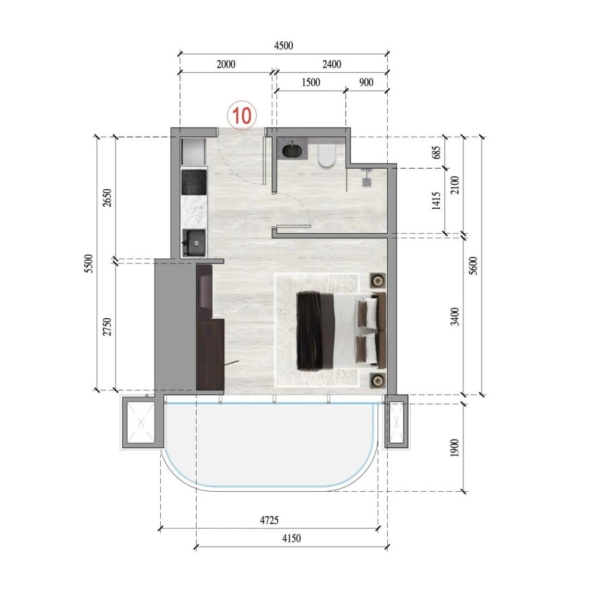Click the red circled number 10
tap(242, 114)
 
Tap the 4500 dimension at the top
tap(283, 46)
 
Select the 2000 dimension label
tap(226, 65)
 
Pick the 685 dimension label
tap(436, 153)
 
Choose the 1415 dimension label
tap(436, 201)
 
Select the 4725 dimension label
tap(269, 520)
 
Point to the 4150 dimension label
tap(290, 538)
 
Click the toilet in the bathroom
tap(326, 155)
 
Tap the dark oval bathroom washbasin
tap(293, 150)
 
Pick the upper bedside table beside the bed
tap(376, 280)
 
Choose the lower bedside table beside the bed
tap(376, 380)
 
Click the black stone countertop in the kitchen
tap(193, 182)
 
